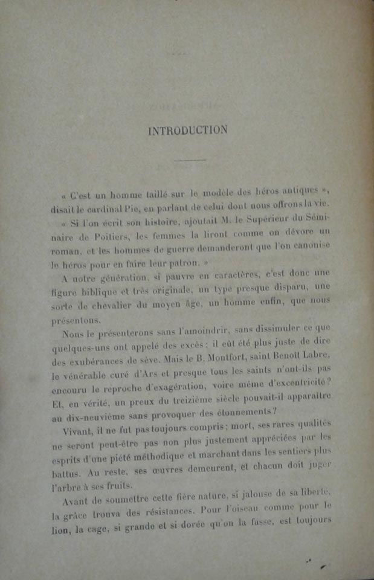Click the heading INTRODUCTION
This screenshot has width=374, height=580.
tap(189, 130)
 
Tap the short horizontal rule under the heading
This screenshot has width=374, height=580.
tap(189, 160)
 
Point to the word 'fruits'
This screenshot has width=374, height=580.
tap(122, 486)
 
